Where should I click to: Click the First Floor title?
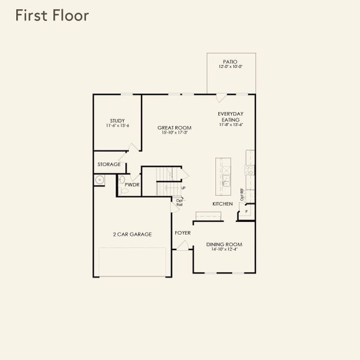pyautogui.click(x=52, y=16)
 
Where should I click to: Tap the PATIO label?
pyautogui.click(x=230, y=61)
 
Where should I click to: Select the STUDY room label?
pyautogui.click(x=117, y=120)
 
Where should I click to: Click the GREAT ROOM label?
pyautogui.click(x=174, y=127)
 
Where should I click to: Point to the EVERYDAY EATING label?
pyautogui.click(x=230, y=116)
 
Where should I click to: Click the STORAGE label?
pyautogui.click(x=109, y=164)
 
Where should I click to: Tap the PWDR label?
pyautogui.click(x=132, y=185)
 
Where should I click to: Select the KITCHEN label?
pyautogui.click(x=223, y=204)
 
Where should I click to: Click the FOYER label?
pyautogui.click(x=183, y=232)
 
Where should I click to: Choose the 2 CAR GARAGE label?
pyautogui.click(x=132, y=234)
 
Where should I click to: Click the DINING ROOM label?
pyautogui.click(x=224, y=244)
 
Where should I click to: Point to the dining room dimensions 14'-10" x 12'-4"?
pyautogui.click(x=224, y=250)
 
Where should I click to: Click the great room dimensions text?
pyautogui.click(x=174, y=133)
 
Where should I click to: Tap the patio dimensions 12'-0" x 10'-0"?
pyautogui.click(x=230, y=67)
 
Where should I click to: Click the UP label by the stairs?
pyautogui.click(x=183, y=188)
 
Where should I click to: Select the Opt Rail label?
pyautogui.click(x=179, y=202)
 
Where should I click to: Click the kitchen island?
pyautogui.click(x=224, y=176)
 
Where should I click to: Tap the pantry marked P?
pyautogui.click(x=246, y=212)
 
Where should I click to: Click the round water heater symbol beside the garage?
pyautogui.click(x=99, y=181)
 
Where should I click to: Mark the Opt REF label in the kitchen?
pyautogui.click(x=242, y=194)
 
